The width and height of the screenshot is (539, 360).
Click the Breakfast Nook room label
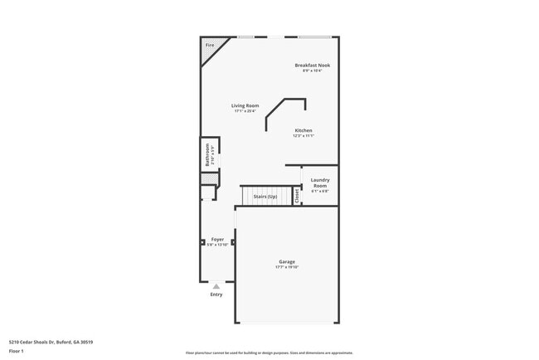pyautogui.click(x=312, y=65)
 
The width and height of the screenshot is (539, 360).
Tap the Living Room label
pyautogui.click(x=245, y=105)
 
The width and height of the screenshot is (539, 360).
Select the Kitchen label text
pyautogui.click(x=303, y=130)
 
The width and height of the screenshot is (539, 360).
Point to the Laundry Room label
pyautogui.click(x=320, y=182)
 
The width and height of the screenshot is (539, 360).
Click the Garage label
pyautogui.click(x=287, y=261)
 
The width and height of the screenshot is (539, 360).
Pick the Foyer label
pyautogui.click(x=217, y=239)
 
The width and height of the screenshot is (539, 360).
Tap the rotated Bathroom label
pyautogui.click(x=208, y=153)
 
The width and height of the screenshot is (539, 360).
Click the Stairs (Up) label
pyautogui.click(x=265, y=197)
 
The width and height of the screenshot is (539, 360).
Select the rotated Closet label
pyautogui.click(x=297, y=196)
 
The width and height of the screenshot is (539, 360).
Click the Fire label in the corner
pyautogui.click(x=209, y=45)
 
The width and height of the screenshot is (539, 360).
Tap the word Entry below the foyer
pyautogui.click(x=216, y=294)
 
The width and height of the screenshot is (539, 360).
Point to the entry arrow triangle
pyautogui.click(x=216, y=286)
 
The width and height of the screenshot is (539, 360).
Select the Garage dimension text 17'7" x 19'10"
pyautogui.click(x=287, y=267)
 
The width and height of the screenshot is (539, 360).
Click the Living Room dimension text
pyautogui.click(x=245, y=111)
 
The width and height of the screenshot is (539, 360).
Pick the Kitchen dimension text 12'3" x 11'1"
pyautogui.click(x=303, y=136)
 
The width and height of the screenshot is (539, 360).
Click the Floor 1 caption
pyautogui.click(x=17, y=350)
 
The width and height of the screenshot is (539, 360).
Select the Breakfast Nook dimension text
pyautogui.click(x=312, y=71)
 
